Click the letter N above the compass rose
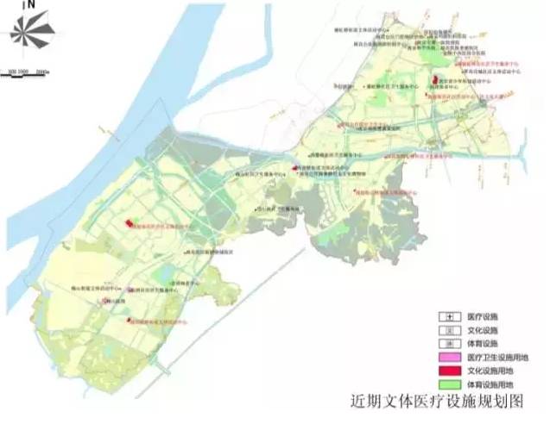(x=30, y=6)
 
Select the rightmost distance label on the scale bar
(x=42, y=69)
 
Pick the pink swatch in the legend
(x=450, y=358)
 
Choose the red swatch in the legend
(x=450, y=371)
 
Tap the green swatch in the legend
(x=450, y=384)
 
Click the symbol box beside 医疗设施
(x=450, y=316)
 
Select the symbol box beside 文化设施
(x=450, y=330)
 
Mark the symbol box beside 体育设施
(x=450, y=344)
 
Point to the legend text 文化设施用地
(x=490, y=371)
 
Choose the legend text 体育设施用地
(x=490, y=384)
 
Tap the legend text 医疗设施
(x=483, y=316)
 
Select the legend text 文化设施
(x=483, y=330)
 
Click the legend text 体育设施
(x=483, y=344)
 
